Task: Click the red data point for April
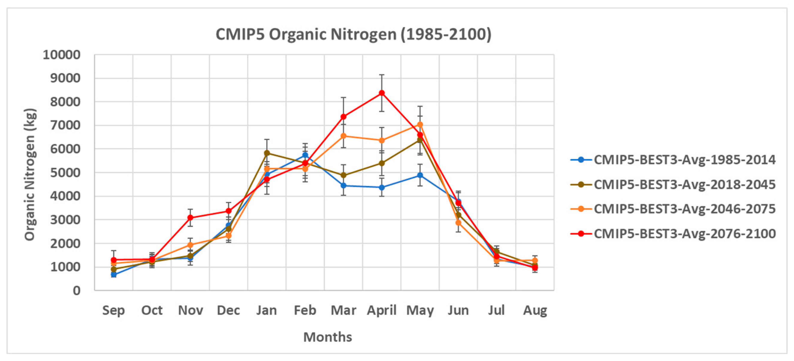[x=382, y=93]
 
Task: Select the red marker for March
[x=343, y=117]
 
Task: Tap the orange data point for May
[x=420, y=125]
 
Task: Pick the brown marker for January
[x=267, y=153]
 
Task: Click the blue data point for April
[x=382, y=187]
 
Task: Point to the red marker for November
[x=190, y=218]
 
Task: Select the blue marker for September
[x=114, y=274]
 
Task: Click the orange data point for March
[x=343, y=136]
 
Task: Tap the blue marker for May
[x=420, y=175]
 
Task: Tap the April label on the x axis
[x=382, y=310]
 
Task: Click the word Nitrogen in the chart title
[x=363, y=34]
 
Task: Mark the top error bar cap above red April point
[x=382, y=75]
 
